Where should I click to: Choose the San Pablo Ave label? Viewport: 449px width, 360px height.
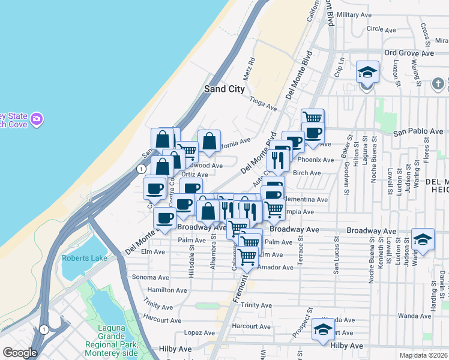point(418,131)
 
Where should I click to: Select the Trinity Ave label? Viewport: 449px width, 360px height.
point(256,305)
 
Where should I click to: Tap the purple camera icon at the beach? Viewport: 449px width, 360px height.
point(37,119)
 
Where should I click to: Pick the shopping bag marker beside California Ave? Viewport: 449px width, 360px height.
point(209,142)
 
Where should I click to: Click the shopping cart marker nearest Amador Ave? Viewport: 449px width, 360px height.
point(247,256)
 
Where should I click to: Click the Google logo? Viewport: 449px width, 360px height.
point(20,353)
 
